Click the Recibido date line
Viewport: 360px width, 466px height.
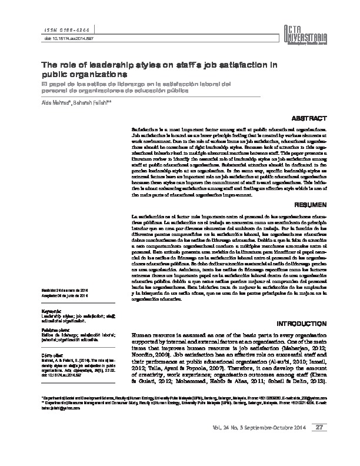[x=65, y=291]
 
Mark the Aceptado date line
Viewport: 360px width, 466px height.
[x=65, y=296]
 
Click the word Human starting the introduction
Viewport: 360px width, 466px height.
[x=141, y=333]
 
